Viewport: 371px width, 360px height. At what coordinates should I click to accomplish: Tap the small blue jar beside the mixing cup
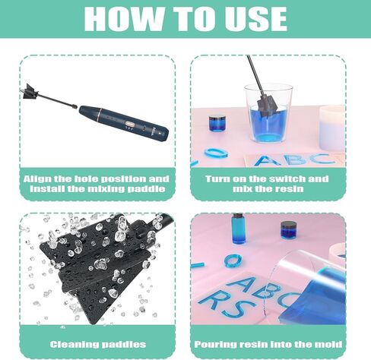218,122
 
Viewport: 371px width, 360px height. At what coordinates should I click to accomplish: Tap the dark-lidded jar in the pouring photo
288,229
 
